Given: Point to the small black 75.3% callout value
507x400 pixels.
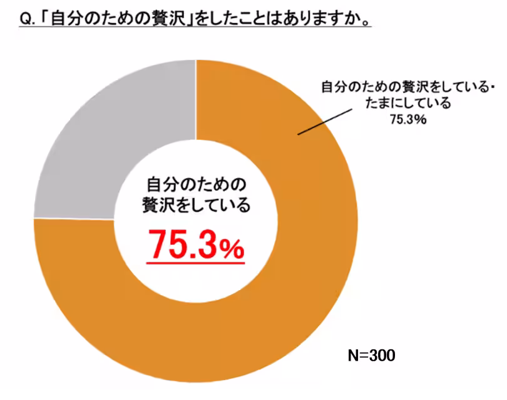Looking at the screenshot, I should point(408,119).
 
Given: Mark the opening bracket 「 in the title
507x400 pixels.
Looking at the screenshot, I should point(44,19).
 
